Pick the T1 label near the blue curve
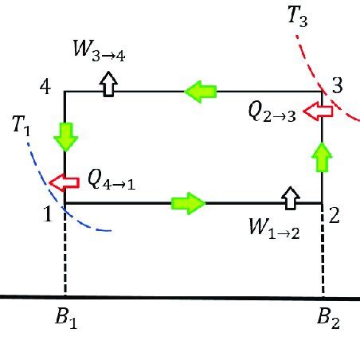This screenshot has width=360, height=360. click(x=22, y=125)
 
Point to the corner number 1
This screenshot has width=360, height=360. click(x=47, y=214)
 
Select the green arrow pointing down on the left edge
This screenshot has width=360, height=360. click(x=65, y=137)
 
